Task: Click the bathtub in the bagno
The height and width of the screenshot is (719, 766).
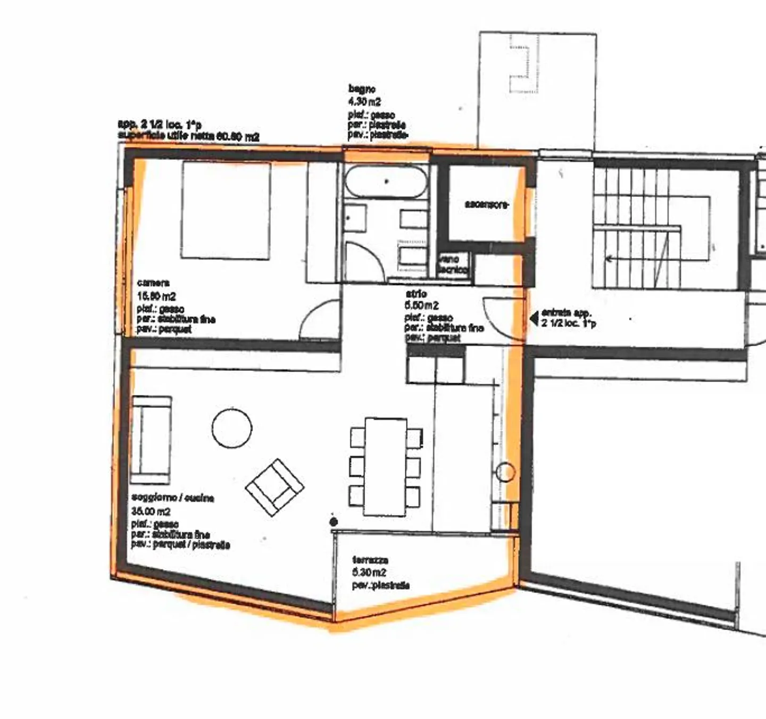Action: (x=386, y=181)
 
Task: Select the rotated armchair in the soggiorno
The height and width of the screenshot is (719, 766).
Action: (x=274, y=487)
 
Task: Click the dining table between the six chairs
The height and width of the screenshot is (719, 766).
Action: (x=386, y=467)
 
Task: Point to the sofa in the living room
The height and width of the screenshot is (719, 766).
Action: (x=152, y=440)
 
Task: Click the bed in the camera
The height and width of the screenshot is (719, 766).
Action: (x=226, y=210)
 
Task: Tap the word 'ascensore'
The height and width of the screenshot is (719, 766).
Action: (x=487, y=204)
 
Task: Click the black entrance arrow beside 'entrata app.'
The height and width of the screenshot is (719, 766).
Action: (x=534, y=319)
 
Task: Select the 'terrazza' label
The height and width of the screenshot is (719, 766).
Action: (x=370, y=560)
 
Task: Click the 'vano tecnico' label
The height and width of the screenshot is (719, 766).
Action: (x=453, y=265)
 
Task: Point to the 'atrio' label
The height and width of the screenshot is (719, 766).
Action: (x=416, y=294)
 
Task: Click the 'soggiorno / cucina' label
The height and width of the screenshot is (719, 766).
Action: (x=172, y=498)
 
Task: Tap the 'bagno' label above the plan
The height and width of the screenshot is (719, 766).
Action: (x=362, y=89)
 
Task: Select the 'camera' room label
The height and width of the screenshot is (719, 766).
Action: (x=153, y=283)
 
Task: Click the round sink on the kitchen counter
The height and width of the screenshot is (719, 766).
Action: (x=505, y=472)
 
